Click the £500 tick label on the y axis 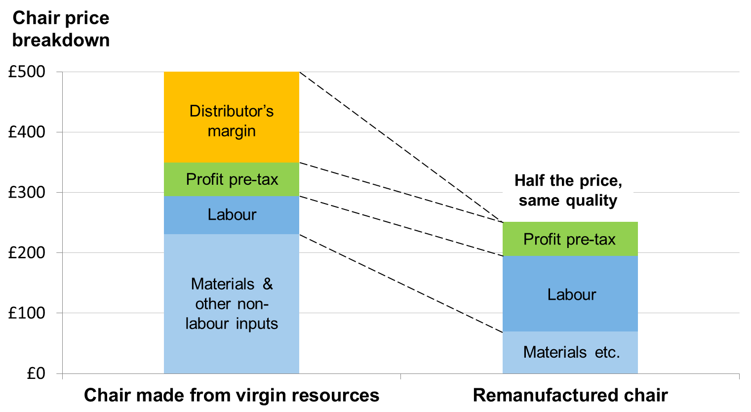pos(27,72)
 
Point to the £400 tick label pos(27,132)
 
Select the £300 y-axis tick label pos(27,193)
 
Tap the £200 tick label pos(27,253)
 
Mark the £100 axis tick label pos(27,313)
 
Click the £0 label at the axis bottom pos(36,373)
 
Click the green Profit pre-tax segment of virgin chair pos(231,179)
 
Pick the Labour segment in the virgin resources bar pos(231,215)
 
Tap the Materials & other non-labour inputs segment pos(231,303)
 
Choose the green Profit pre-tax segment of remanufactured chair pos(569,240)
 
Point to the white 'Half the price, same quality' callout pos(568,190)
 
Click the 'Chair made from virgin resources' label pos(231,395)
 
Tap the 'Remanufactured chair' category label pos(570,395)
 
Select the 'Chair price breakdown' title pos(60,29)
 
